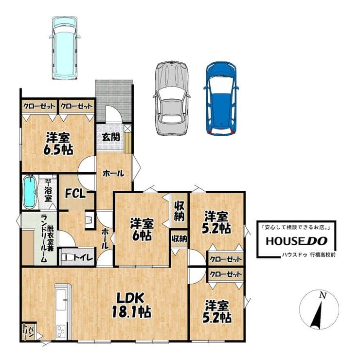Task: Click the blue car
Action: click(221, 98)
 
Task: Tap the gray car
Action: click(172, 98)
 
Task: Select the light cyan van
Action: click(65, 48)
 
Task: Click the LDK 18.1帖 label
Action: click(131, 305)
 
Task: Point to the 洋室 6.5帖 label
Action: click(58, 144)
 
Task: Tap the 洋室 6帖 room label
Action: click(142, 229)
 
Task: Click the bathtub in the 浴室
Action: click(30, 192)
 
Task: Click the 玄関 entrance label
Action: click(111, 137)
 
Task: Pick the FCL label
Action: click(75, 193)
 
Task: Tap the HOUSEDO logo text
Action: click(297, 241)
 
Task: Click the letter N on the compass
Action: click(323, 295)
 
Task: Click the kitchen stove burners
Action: click(61, 331)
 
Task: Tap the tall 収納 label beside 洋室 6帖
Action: click(179, 211)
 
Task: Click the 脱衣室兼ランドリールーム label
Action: click(47, 238)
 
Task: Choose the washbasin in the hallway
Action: click(90, 220)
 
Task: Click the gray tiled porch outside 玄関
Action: click(114, 101)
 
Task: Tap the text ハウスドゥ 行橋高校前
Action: click(308, 255)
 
